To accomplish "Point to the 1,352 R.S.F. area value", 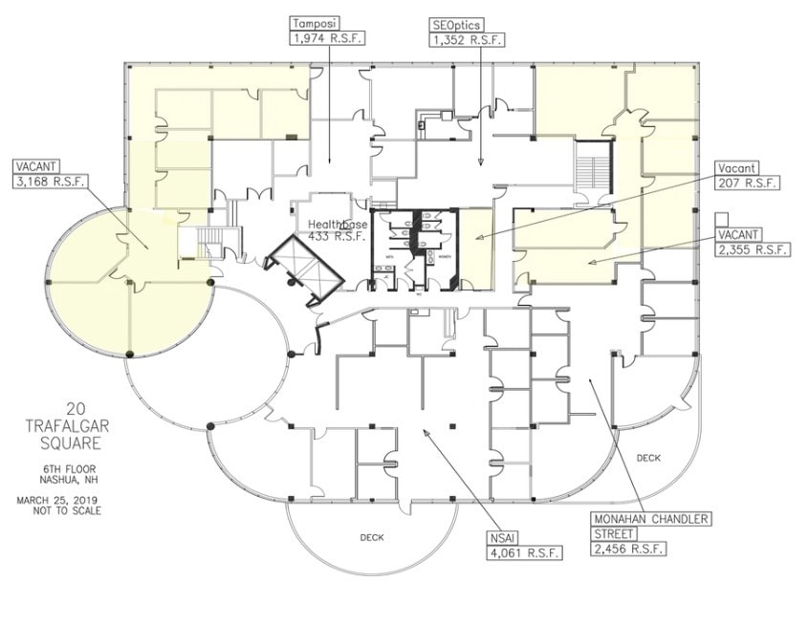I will pyautogui.click(x=467, y=39).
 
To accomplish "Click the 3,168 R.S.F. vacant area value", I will pyautogui.click(x=50, y=179).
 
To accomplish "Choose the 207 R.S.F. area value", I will pyautogui.click(x=747, y=183).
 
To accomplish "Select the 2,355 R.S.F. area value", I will pyautogui.click(x=753, y=248).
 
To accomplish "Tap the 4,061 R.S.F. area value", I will pyautogui.click(x=523, y=552).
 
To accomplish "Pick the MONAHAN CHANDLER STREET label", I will pyautogui.click(x=651, y=526).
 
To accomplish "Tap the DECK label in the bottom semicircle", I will pyautogui.click(x=372, y=537).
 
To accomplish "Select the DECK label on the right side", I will pyautogui.click(x=648, y=458).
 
